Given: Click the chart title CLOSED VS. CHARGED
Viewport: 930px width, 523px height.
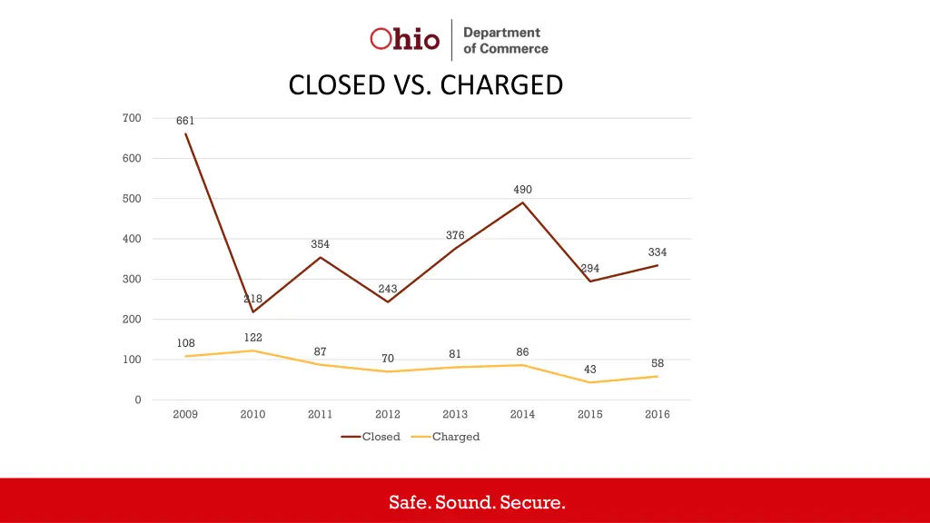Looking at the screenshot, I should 425,85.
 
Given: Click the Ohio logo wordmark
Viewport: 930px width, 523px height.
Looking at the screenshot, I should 404,39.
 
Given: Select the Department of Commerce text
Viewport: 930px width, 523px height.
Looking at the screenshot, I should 505,40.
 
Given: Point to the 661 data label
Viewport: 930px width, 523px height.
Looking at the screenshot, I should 185,121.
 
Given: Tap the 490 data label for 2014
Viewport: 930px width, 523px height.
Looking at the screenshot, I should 522,190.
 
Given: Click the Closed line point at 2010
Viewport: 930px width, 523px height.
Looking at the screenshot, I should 252,312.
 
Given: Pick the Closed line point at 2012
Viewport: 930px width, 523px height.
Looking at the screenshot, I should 388,301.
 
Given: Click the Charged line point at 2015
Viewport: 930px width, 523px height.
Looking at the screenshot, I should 590,382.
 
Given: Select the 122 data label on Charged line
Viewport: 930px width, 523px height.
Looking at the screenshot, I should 252,338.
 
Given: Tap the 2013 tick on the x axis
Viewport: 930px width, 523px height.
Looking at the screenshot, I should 455,415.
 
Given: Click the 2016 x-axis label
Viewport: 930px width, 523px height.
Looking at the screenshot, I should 658,415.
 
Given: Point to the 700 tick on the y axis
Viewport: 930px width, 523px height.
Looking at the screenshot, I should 132,118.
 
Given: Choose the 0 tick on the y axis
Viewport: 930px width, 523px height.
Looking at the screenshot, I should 138,400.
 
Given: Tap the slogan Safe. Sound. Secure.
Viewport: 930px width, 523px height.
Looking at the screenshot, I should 477,502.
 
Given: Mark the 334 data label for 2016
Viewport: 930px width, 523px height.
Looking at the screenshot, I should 658,252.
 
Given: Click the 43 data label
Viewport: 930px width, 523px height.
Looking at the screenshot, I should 590,370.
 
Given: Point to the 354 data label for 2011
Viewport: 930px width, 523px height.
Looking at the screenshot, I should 320,244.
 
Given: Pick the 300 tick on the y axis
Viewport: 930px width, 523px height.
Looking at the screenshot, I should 132,279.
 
